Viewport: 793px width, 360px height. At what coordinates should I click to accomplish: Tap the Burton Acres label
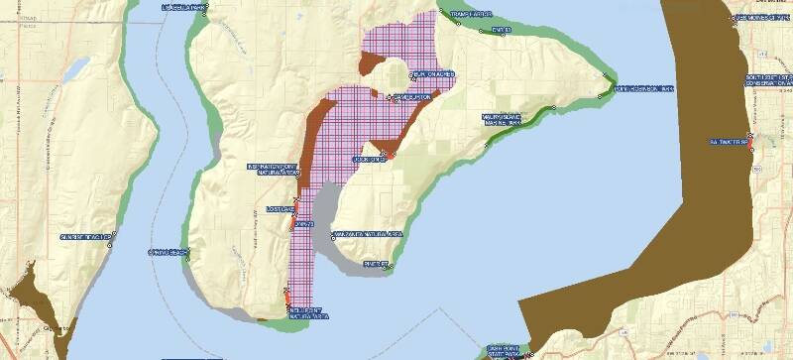click(433, 74)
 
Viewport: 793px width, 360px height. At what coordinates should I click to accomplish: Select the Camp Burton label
click(412, 97)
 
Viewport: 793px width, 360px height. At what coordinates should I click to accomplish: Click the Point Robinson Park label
click(644, 89)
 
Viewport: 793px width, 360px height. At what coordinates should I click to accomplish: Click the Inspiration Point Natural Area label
click(273, 169)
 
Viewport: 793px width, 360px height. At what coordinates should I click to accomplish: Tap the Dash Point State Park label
click(507, 351)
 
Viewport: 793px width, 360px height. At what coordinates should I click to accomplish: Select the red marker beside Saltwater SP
click(752, 149)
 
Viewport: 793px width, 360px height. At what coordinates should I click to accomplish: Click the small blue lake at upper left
click(75, 68)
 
